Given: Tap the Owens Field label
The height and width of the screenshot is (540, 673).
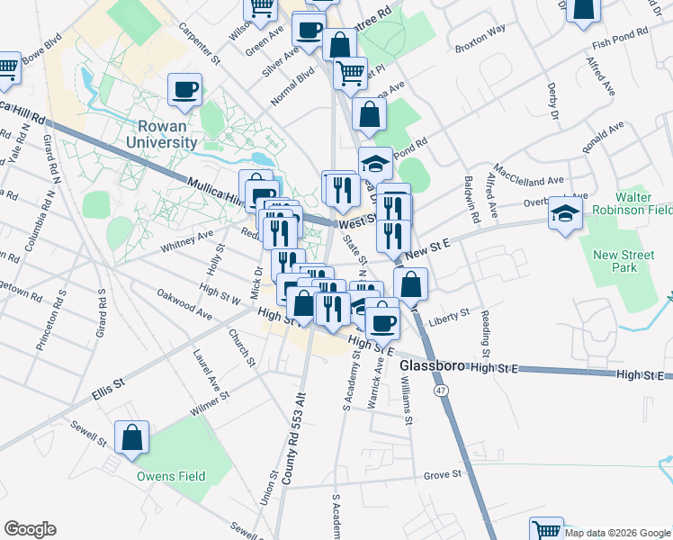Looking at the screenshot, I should pos(171,476).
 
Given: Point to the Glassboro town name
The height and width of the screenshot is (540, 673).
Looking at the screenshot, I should pos(431,367).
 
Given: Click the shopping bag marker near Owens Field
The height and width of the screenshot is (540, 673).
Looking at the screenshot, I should pos(132,437).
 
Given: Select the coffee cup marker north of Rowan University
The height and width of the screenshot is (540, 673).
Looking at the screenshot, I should pos(185,89).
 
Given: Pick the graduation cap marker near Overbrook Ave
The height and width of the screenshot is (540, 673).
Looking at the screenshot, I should pos(565,213).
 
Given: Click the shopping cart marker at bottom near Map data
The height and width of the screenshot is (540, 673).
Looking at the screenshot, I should pos(546,530).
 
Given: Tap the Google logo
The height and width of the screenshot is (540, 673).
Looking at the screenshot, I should pos(30,529).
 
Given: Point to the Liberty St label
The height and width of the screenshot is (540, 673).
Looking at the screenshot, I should pos(450,316).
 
